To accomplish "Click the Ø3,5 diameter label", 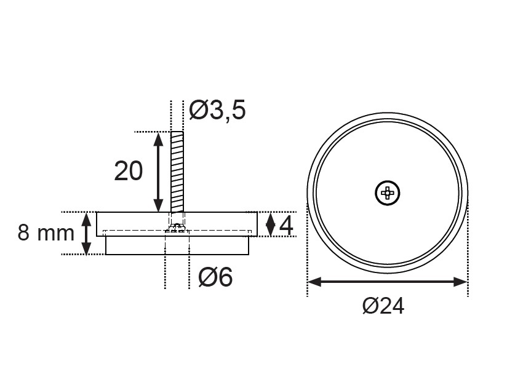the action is point(217,110).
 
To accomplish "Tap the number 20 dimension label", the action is point(129,171).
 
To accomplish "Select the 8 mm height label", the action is point(46,232).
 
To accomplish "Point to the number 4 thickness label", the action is point(286,226).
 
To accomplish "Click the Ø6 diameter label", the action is point(215,277).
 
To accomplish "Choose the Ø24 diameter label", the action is point(383,306).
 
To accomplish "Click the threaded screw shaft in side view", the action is point(177,172).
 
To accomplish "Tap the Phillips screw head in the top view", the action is point(388,193).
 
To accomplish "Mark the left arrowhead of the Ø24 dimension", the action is point(314,282).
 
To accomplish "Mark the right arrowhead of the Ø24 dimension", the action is point(460,282).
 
